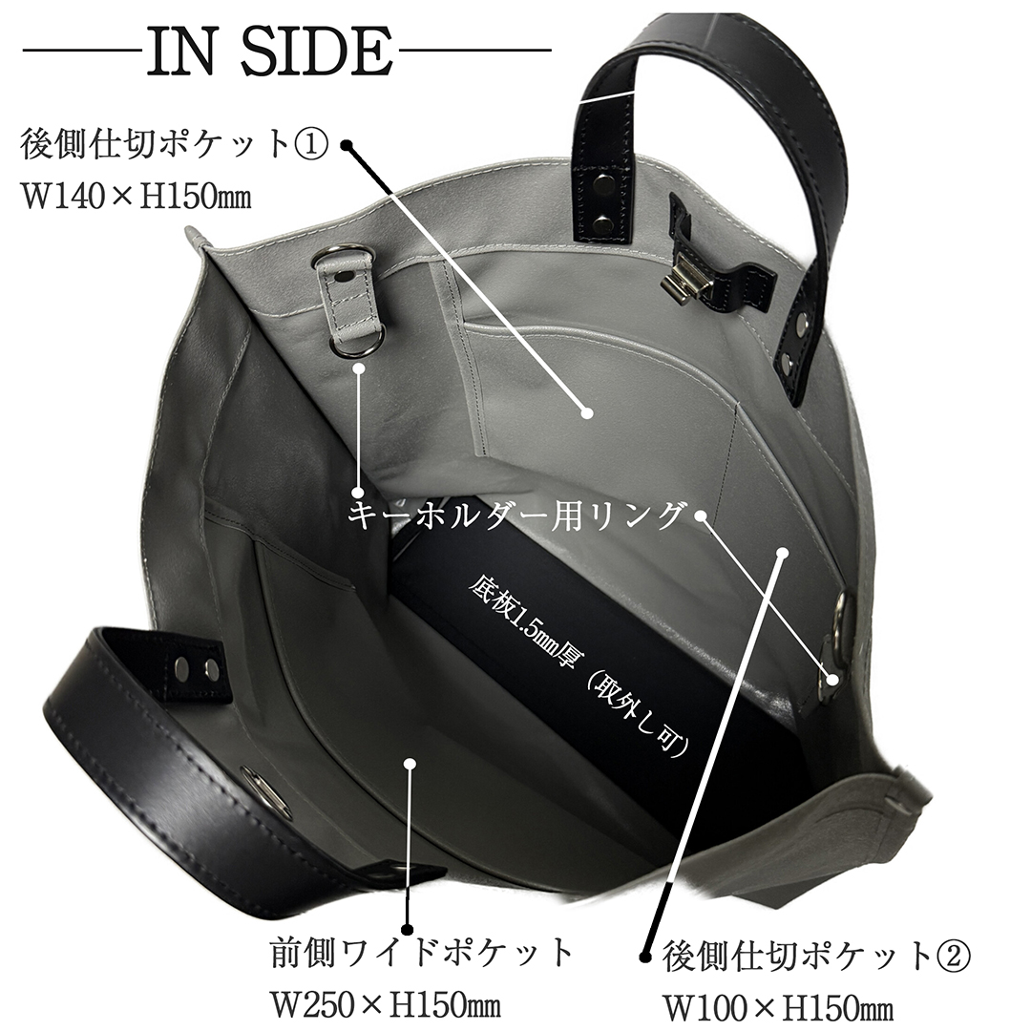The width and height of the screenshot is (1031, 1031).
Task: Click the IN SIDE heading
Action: [269, 52]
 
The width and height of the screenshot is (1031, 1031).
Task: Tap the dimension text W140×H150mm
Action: [137, 196]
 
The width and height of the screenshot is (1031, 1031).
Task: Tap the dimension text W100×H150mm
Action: [778, 1007]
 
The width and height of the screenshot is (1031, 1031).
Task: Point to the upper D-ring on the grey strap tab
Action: [339, 255]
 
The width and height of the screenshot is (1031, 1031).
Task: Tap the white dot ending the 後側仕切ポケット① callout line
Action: [587, 413]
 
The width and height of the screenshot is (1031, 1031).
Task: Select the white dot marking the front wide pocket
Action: [410, 764]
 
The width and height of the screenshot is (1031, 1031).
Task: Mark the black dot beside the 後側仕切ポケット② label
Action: [646, 955]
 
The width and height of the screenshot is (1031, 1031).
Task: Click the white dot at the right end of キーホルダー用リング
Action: [701, 515]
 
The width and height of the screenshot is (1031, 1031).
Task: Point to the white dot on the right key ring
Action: [833, 680]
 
